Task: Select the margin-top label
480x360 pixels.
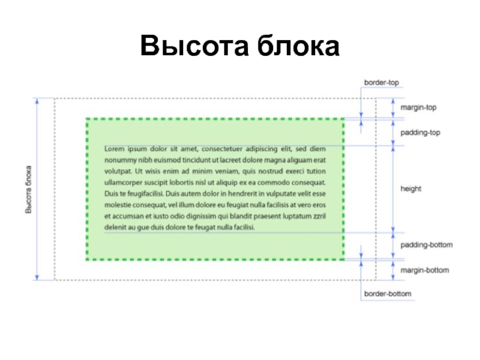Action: point(418,108)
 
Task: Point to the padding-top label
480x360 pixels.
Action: point(420,133)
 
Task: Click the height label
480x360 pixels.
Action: point(411,188)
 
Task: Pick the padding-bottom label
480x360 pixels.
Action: point(426,245)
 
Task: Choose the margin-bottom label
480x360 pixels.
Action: point(424,270)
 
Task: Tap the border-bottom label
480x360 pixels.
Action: point(388,293)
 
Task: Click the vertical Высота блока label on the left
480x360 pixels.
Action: point(28,190)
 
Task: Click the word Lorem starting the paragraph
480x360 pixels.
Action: point(115,148)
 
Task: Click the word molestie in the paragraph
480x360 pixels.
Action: point(118,205)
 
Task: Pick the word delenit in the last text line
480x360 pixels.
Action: point(116,228)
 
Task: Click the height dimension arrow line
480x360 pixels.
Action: point(393,188)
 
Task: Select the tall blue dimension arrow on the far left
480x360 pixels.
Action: point(37,190)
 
